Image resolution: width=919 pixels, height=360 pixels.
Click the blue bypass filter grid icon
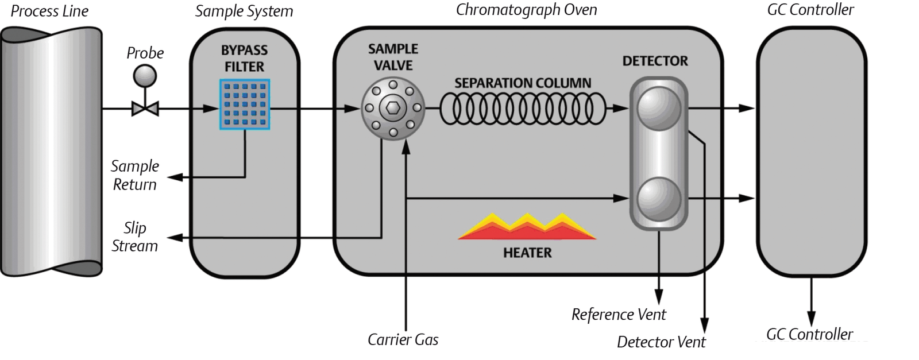pyautogui.click(x=245, y=104)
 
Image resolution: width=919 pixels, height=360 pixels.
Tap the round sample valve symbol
pyautogui.click(x=393, y=109)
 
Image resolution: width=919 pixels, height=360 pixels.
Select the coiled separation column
pyautogui.click(x=523, y=109)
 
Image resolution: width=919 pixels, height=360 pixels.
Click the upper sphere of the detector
pyautogui.click(x=659, y=108)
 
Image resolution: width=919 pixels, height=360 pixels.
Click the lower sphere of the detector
pyautogui.click(x=659, y=199)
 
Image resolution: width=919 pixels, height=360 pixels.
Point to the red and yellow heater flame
pyautogui.click(x=527, y=227)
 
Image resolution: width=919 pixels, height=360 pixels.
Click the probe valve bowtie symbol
pyautogui.click(x=145, y=108)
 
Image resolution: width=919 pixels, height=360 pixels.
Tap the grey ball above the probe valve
pyautogui.click(x=145, y=76)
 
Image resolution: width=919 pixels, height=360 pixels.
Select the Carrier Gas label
pyautogui.click(x=403, y=340)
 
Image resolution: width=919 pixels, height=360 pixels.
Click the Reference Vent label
pyautogui.click(x=619, y=315)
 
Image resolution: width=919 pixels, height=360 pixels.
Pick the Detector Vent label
pyautogui.click(x=661, y=342)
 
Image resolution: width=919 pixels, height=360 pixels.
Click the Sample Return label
pyautogui.click(x=134, y=175)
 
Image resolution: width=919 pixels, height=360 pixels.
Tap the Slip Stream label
pyautogui.click(x=134, y=237)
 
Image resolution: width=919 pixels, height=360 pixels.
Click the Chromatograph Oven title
pyautogui.click(x=526, y=10)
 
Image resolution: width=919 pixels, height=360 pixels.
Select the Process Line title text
pyautogui.click(x=49, y=11)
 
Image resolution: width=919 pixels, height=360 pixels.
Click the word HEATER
pyautogui.click(x=527, y=253)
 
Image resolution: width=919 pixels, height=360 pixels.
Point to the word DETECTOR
pyautogui.click(x=655, y=61)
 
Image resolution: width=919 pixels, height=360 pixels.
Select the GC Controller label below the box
pyautogui.click(x=809, y=334)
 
